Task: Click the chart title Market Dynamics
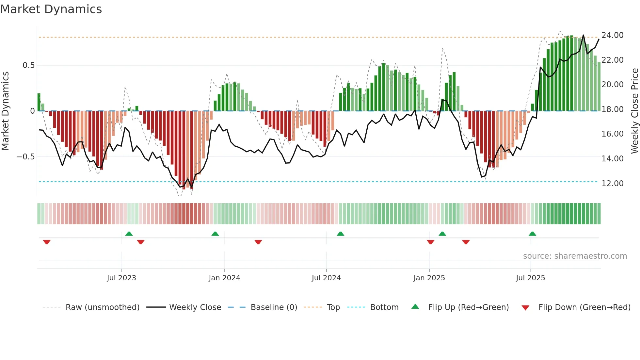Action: click(x=51, y=9)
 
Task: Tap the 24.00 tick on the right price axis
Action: click(x=612, y=35)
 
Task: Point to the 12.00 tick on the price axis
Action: click(x=612, y=183)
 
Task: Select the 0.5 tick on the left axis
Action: click(x=28, y=65)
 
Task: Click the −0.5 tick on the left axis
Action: click(x=26, y=157)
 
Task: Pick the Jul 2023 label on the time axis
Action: click(x=121, y=278)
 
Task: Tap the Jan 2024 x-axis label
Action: click(x=224, y=278)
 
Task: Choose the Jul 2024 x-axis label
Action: click(x=326, y=278)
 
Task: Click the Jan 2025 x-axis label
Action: click(x=429, y=278)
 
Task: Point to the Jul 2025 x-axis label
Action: click(x=530, y=278)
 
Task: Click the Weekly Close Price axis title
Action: click(x=634, y=111)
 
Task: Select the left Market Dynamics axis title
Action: click(x=5, y=111)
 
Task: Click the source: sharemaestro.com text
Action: click(x=575, y=256)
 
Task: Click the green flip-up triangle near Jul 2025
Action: click(x=532, y=234)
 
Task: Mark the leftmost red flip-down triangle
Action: click(x=47, y=242)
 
